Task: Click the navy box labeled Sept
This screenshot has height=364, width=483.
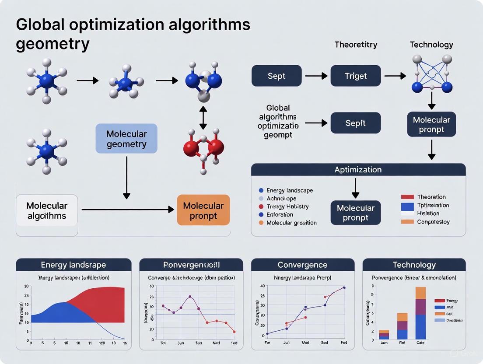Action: pyautogui.click(x=276, y=76)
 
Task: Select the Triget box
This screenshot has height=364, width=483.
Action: pyautogui.click(x=355, y=76)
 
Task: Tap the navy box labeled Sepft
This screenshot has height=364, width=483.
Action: pyautogui.click(x=355, y=123)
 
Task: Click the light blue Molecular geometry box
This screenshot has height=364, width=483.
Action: pyautogui.click(x=126, y=139)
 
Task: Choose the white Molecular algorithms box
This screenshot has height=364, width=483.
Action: pyautogui.click(x=47, y=210)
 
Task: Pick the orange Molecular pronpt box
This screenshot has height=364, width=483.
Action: pyautogui.click(x=203, y=210)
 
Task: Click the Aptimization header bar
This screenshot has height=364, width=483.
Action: pyautogui.click(x=358, y=170)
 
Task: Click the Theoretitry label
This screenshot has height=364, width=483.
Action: pyautogui.click(x=356, y=45)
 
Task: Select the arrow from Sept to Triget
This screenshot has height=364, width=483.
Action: pyautogui.click(x=316, y=76)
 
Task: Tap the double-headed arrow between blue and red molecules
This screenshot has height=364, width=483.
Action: pyautogui.click(x=203, y=117)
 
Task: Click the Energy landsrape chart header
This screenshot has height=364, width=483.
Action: pyautogui.click(x=73, y=265)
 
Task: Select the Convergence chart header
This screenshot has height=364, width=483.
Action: pyautogui.click(x=302, y=265)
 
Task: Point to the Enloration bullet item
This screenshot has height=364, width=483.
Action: pyautogui.click(x=280, y=214)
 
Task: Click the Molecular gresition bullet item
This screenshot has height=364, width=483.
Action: pyautogui.click(x=291, y=223)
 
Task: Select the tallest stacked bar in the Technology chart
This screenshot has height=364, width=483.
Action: pyautogui.click(x=420, y=313)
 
